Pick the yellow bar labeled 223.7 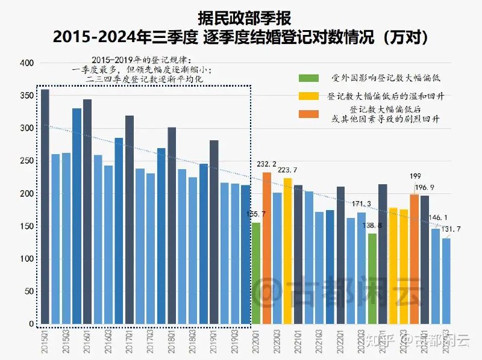[x=287, y=250]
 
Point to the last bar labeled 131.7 [x=446, y=281]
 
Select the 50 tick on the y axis [x=28, y=291]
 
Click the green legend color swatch [x=309, y=78]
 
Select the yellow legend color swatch [x=309, y=96]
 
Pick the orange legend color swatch [x=309, y=114]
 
